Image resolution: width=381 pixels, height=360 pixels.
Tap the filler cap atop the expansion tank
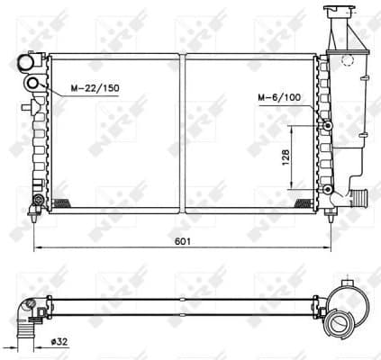(339, 13)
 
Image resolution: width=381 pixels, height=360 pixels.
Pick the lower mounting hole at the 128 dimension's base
(328, 189)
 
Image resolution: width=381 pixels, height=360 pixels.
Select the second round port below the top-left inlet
(33, 85)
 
